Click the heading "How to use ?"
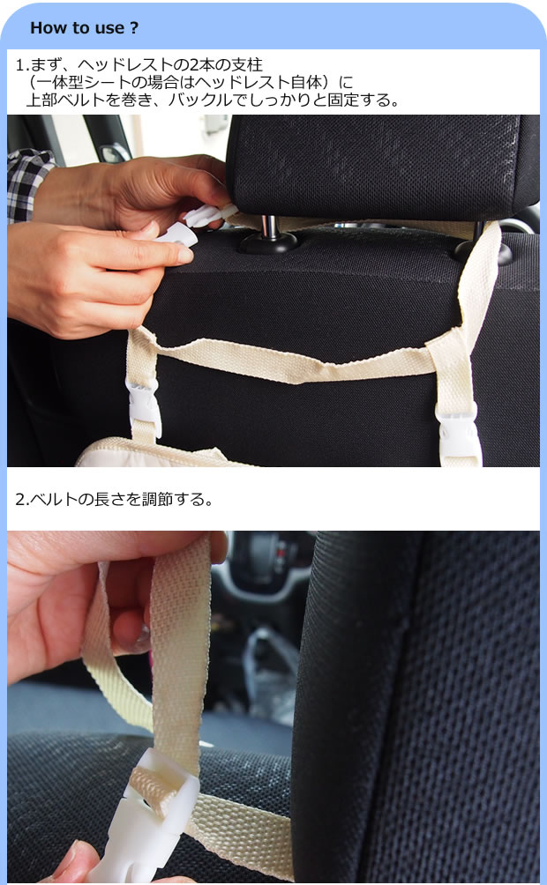pyautogui.click(x=84, y=27)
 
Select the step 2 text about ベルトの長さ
pyautogui.click(x=114, y=500)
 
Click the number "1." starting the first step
pyautogui.click(x=21, y=65)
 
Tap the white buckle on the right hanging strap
pyautogui.click(x=458, y=435)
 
